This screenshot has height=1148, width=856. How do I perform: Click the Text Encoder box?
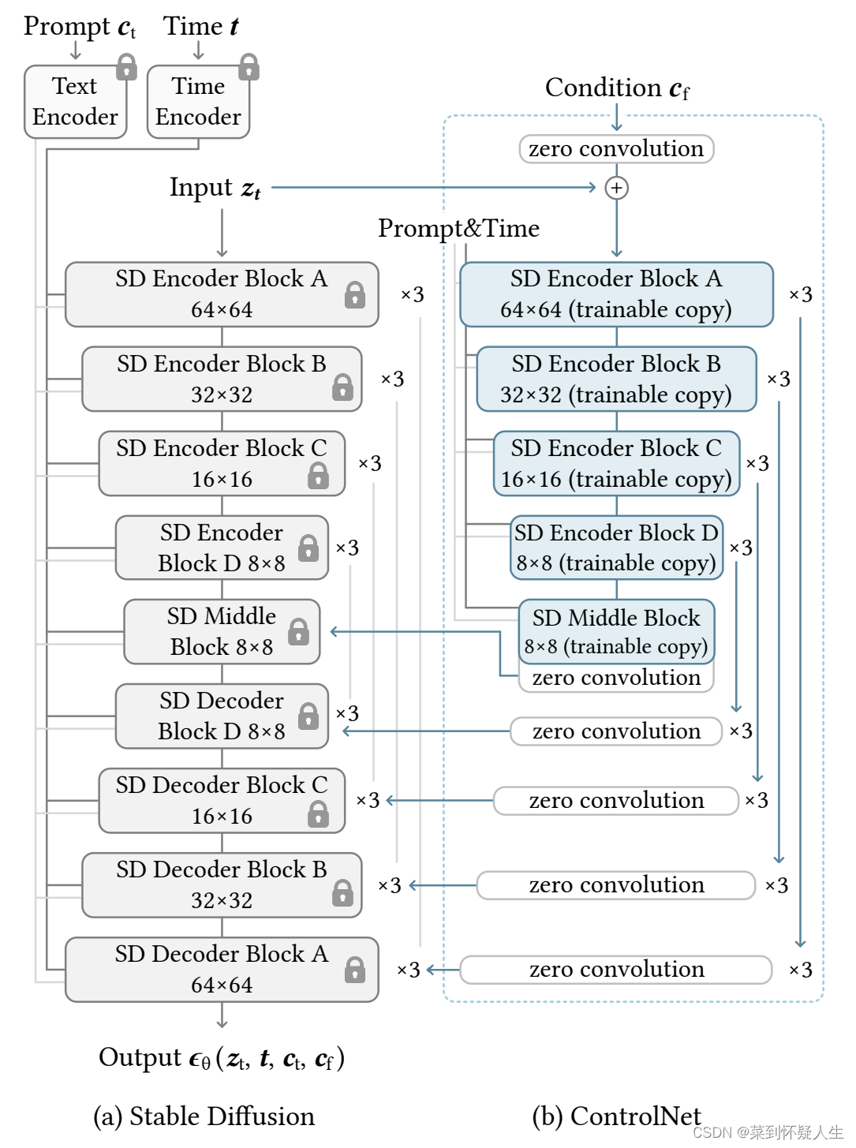[x=75, y=102]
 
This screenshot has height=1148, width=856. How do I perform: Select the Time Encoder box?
[x=198, y=102]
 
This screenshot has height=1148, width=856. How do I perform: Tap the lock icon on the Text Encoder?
[x=126, y=68]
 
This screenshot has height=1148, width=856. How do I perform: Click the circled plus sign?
[x=616, y=188]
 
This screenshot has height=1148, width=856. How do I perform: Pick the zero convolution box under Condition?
[x=616, y=148]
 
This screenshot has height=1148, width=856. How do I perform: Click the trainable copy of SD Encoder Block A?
[x=616, y=294]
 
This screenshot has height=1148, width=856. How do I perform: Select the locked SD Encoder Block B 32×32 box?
[x=222, y=379]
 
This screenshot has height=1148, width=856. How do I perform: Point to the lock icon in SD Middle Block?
[x=298, y=631]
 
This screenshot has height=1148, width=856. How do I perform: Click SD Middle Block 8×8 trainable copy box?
[x=616, y=631]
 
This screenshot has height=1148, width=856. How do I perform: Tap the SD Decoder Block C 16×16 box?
[x=222, y=800]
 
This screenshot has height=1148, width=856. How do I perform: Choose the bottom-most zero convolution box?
[x=616, y=970]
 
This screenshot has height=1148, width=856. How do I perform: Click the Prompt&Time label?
[x=458, y=228]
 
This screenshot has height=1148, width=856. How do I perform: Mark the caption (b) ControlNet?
[x=616, y=1116]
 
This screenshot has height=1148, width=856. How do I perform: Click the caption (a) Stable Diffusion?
[x=204, y=1116]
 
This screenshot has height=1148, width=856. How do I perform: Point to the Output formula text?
[x=222, y=1058]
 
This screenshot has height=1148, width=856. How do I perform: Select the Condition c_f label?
[x=616, y=88]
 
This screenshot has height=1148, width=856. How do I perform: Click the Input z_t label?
[x=215, y=188]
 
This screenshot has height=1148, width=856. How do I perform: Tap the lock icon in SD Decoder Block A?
[x=355, y=970]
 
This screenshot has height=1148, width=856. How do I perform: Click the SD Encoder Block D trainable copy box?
[x=616, y=548]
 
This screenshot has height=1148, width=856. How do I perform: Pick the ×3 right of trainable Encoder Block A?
[x=801, y=294]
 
